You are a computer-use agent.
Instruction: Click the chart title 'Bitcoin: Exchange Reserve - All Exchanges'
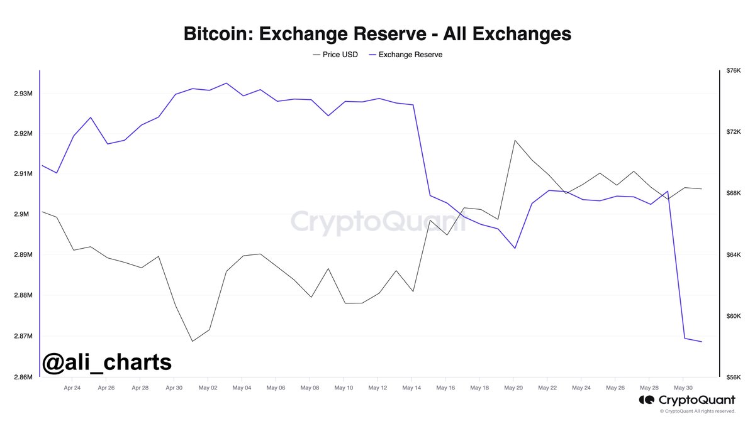[x=377, y=33]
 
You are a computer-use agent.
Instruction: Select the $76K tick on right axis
[x=734, y=71]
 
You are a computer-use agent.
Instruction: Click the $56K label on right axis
[x=734, y=377]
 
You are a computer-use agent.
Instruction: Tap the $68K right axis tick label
[x=734, y=193]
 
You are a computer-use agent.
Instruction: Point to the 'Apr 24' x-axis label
[x=72, y=388]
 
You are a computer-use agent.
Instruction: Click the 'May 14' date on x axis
[x=411, y=388]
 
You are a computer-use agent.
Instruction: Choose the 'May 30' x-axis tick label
[x=683, y=388]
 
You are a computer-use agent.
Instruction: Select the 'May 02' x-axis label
[x=208, y=388]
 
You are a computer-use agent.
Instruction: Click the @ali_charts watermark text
[x=107, y=362]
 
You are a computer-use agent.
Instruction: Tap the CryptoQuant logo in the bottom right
[x=687, y=400]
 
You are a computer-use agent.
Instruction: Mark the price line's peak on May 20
[x=515, y=140]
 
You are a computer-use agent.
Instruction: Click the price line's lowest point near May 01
[x=193, y=341]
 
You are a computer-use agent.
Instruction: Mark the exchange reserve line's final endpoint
[x=701, y=342]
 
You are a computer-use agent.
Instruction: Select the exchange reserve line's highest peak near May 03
[x=226, y=83]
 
